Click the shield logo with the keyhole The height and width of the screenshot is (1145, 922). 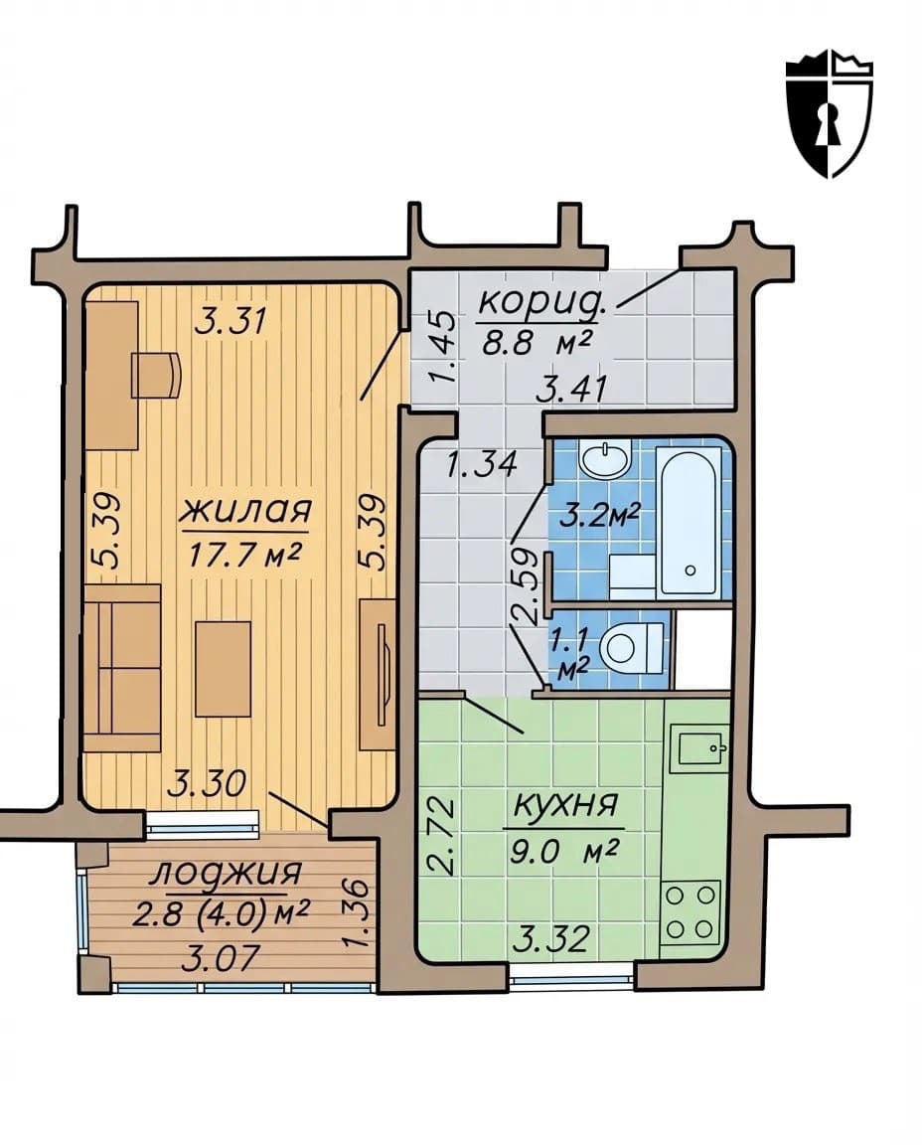pyautogui.click(x=829, y=114)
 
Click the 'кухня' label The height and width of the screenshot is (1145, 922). pyautogui.click(x=565, y=806)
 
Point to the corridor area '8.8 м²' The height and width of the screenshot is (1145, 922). pyautogui.click(x=537, y=342)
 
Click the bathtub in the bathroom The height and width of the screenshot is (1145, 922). pyautogui.click(x=690, y=522)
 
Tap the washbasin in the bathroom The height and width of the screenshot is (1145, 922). pyautogui.click(x=605, y=460)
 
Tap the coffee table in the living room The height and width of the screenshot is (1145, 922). pyautogui.click(x=223, y=668)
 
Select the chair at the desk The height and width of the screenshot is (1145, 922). pyautogui.click(x=156, y=374)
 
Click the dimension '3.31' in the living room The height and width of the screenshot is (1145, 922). pyautogui.click(x=232, y=321)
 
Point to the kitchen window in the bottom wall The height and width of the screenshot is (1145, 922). pyautogui.click(x=571, y=976)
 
